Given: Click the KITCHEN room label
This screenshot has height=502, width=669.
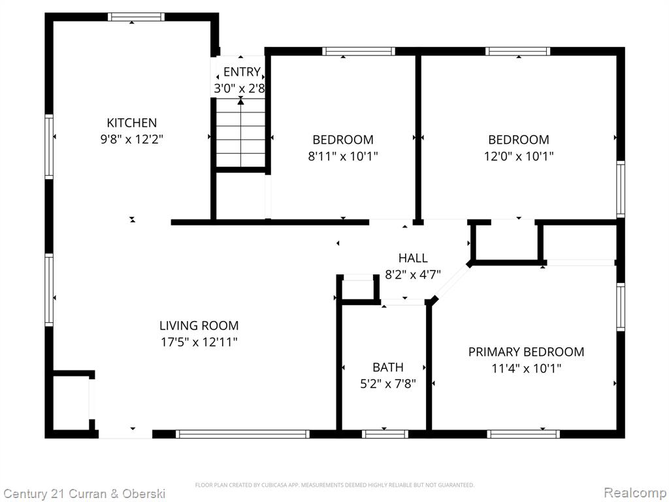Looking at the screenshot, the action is click(x=132, y=123).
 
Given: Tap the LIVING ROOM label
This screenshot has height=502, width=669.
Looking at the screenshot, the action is click(x=199, y=326).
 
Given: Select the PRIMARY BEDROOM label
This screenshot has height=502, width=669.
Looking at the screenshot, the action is click(x=526, y=352).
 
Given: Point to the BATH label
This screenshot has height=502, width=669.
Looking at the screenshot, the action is click(x=388, y=367).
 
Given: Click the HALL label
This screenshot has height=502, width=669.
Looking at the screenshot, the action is click(x=413, y=258).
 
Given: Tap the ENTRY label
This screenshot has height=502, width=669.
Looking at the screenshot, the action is click(x=242, y=72).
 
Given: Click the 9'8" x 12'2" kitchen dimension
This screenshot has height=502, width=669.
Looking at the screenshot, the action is click(x=132, y=139).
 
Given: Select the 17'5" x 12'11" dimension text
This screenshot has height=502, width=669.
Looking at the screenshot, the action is click(x=199, y=342).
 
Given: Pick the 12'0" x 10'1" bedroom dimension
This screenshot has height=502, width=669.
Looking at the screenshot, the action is click(x=518, y=156).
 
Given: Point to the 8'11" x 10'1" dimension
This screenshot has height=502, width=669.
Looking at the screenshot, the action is click(x=343, y=156).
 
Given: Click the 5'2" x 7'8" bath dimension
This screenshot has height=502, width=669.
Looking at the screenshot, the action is click(x=388, y=384).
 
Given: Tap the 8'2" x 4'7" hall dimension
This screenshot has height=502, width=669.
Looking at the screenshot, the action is click(x=413, y=274).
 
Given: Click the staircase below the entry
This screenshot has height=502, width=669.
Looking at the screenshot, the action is click(x=240, y=133).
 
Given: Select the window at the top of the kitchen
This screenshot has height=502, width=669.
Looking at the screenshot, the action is click(x=136, y=16).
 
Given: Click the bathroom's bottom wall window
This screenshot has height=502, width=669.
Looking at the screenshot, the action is click(x=385, y=434).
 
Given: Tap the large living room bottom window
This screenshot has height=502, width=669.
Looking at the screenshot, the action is click(x=242, y=434).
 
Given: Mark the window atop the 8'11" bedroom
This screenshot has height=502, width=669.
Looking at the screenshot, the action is click(x=359, y=51).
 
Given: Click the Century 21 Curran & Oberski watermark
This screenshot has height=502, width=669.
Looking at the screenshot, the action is click(x=84, y=494).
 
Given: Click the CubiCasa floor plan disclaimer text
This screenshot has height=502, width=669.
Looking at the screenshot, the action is click(x=334, y=485).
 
